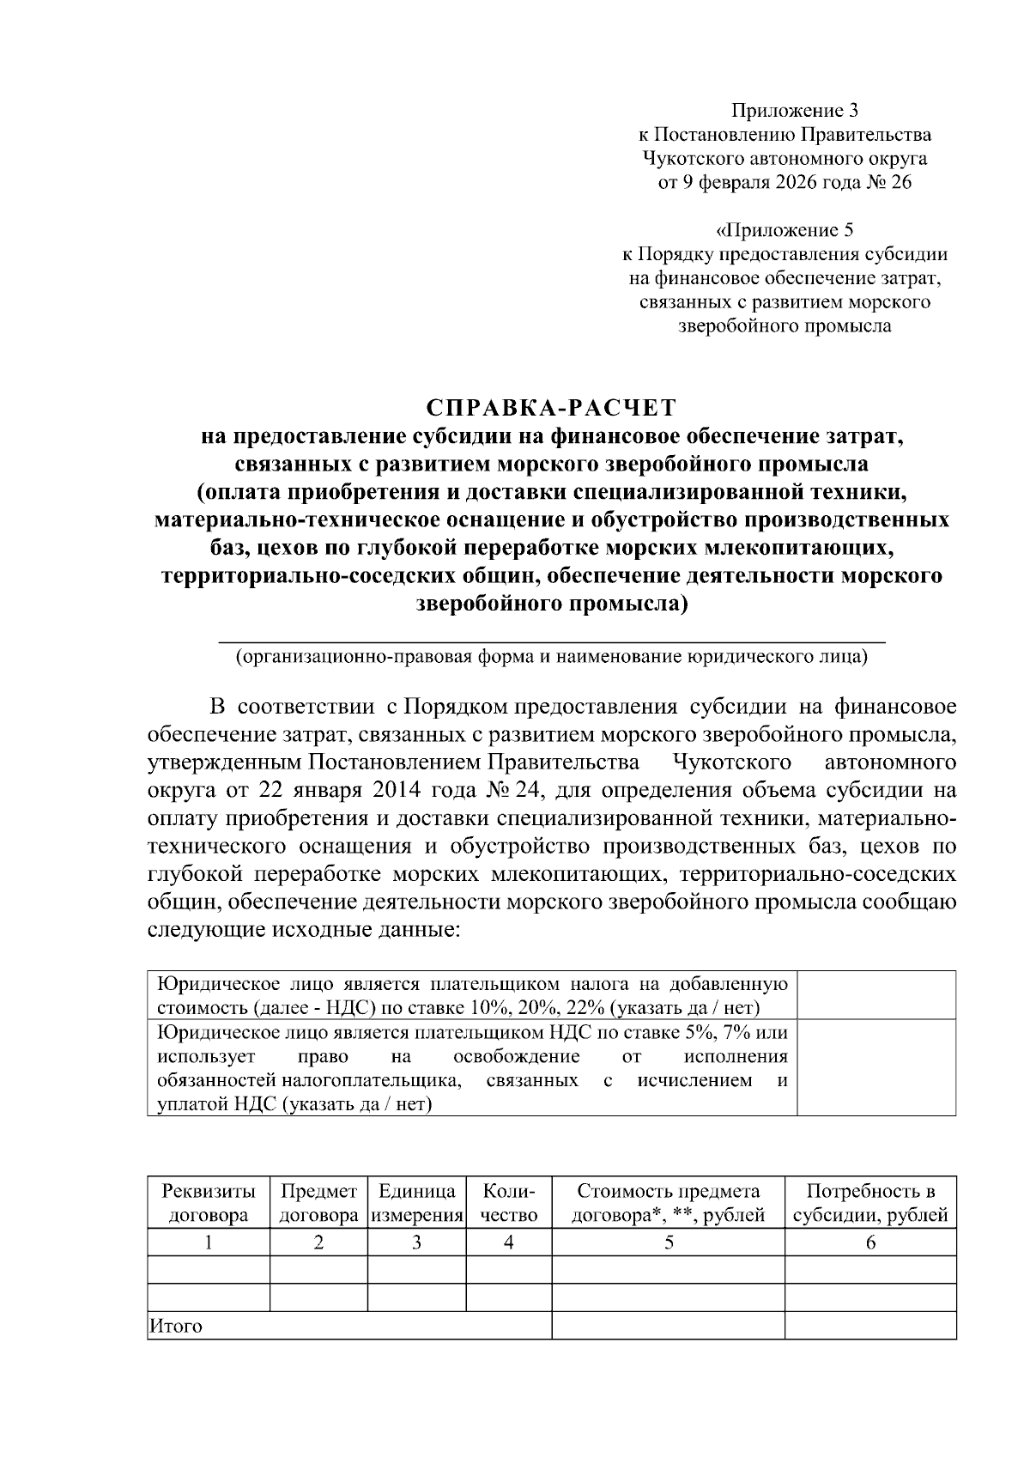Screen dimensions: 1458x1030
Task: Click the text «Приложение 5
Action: coord(785,230)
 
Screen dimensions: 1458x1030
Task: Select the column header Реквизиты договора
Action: coord(209,1203)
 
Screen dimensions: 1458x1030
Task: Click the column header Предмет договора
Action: coord(318,1203)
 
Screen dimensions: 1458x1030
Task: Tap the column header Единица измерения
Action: coord(416,1203)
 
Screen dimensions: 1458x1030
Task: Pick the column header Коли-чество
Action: coord(508,1203)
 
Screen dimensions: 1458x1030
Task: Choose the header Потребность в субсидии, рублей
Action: coord(870,1203)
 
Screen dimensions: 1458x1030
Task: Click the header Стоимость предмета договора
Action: coord(668,1203)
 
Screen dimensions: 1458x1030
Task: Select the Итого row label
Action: coord(176,1327)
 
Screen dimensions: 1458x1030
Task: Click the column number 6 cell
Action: coord(870,1242)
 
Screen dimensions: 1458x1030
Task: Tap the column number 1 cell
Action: coord(209,1242)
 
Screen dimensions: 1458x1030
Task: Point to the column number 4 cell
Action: coord(508,1242)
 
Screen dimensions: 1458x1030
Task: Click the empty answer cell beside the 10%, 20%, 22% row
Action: coord(876,995)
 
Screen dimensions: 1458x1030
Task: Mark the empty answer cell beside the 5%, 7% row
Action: coord(876,1067)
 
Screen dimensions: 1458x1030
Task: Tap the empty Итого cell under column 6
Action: coord(870,1326)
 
